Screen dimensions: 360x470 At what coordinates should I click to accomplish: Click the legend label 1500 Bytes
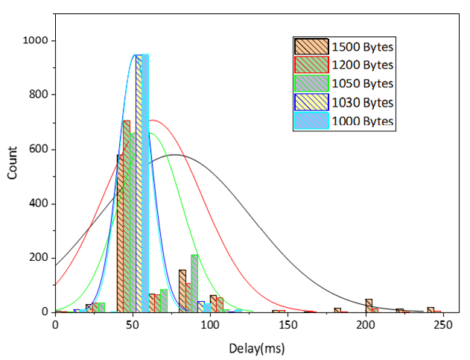coord(363,47)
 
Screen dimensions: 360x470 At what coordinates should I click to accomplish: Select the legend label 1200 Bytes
coord(363,65)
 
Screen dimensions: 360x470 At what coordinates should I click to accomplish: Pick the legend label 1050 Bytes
coord(363,83)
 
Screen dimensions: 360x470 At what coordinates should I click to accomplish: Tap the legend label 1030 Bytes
coord(363,102)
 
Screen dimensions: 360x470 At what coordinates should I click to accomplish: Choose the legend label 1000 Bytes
coord(363,121)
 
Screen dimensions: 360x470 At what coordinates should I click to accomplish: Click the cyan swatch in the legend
coord(312,121)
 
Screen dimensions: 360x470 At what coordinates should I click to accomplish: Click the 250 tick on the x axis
coord(443,325)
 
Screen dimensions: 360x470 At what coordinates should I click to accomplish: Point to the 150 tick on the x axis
coord(288,325)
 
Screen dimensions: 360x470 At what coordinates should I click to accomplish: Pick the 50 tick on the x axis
coord(133,325)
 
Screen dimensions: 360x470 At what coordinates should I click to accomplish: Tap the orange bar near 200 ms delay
coord(369,306)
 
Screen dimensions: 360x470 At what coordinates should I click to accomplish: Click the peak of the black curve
coord(174,155)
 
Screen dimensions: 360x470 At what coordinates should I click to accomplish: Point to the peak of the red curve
coord(152,120)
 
